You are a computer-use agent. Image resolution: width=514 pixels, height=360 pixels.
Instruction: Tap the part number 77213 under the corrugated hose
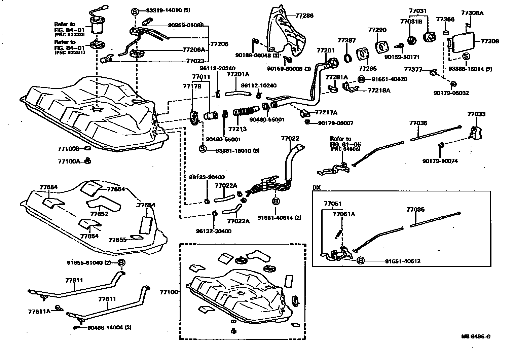click(237, 129)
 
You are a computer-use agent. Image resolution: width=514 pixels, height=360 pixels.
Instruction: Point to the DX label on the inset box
click(317, 188)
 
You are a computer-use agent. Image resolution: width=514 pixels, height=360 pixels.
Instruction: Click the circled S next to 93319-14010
click(134, 11)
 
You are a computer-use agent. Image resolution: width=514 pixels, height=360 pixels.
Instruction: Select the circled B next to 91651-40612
click(360, 261)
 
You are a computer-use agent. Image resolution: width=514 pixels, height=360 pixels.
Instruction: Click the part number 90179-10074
click(440, 161)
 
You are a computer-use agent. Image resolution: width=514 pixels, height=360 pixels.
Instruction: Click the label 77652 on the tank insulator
click(99, 214)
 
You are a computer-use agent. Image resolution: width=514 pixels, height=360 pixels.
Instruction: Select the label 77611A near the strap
click(39, 311)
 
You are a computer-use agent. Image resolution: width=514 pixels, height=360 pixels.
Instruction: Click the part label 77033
click(476, 114)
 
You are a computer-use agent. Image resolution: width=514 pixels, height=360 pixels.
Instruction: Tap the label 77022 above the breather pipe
click(290, 138)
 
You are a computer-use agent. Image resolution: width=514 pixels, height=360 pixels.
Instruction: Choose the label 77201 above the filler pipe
click(325, 50)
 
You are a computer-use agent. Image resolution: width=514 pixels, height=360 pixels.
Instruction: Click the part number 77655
click(117, 240)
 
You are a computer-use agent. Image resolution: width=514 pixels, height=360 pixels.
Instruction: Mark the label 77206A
click(193, 49)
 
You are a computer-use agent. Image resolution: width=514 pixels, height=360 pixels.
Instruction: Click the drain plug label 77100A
click(69, 161)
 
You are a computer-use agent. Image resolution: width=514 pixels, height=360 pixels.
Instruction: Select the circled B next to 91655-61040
click(121, 262)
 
